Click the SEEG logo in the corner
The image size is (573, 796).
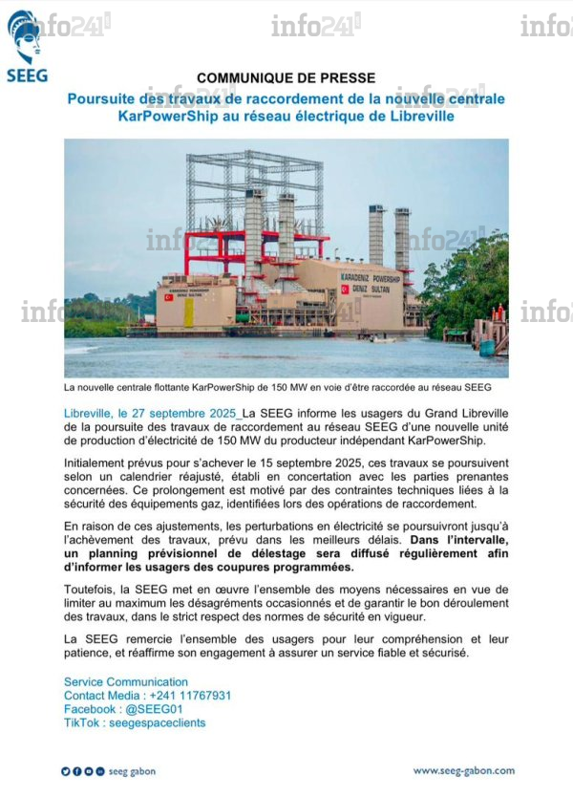click(26, 46)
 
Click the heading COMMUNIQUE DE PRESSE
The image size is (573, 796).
click(286, 78)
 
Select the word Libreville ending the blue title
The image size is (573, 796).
click(421, 117)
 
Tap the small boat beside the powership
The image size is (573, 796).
click(381, 338)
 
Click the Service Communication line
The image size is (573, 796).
click(126, 681)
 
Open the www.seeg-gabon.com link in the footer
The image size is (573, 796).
click(463, 770)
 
